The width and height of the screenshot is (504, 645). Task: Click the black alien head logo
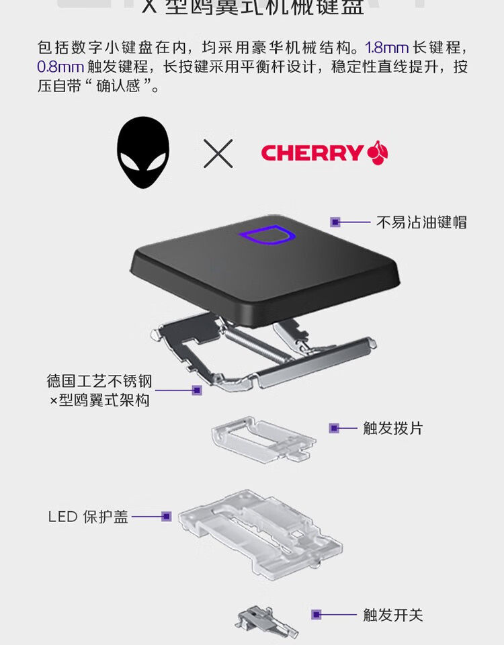click(x=143, y=153)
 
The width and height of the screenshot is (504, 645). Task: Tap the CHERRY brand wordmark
click(x=312, y=153)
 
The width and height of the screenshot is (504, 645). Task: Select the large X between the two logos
click(x=218, y=153)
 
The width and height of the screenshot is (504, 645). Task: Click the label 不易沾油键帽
click(x=421, y=222)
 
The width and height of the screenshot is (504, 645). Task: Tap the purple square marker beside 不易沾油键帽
click(x=335, y=221)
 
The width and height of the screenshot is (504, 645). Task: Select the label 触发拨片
click(x=393, y=428)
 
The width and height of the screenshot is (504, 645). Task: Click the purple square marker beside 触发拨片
click(x=334, y=428)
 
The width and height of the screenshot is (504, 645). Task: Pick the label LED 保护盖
click(x=88, y=517)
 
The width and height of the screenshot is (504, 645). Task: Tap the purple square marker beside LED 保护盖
click(x=167, y=517)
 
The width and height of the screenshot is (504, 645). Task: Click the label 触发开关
click(x=393, y=614)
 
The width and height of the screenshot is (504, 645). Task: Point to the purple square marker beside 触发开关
click(x=316, y=614)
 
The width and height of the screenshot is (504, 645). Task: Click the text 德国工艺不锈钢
click(x=99, y=382)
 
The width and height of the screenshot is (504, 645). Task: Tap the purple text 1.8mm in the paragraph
click(x=387, y=48)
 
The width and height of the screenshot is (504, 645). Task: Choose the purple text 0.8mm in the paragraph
click(x=60, y=68)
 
